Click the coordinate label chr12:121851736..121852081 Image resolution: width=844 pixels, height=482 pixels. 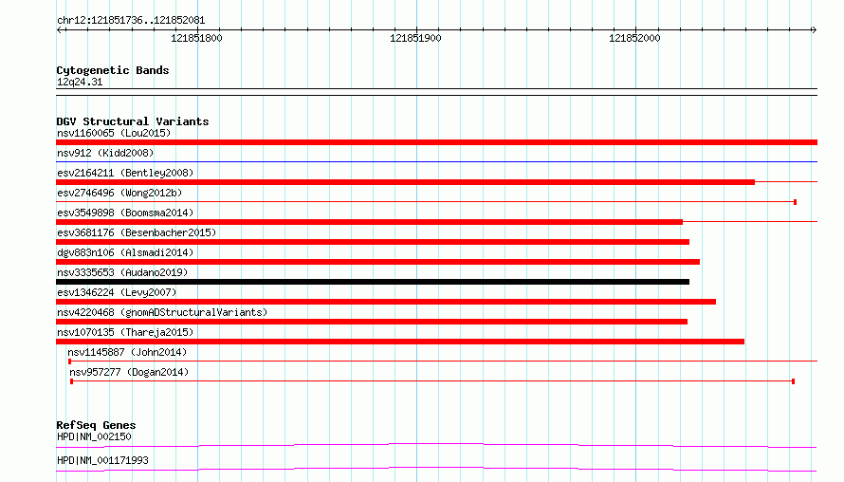[131, 21]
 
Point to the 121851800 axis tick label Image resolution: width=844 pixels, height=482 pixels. [196, 38]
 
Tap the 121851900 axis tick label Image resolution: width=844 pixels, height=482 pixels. [415, 38]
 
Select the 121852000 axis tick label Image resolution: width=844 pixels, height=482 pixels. [634, 38]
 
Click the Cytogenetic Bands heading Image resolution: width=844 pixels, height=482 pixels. [113, 70]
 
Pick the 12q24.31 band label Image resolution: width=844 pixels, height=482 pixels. [80, 82]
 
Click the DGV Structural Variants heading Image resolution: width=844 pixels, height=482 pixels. [133, 121]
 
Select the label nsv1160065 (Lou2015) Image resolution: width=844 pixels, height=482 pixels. [114, 133]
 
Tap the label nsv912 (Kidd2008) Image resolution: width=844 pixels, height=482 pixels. [105, 153]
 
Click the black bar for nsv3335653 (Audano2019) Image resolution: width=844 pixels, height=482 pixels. [373, 282]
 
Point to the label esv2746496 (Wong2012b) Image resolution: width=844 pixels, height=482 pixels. [119, 193]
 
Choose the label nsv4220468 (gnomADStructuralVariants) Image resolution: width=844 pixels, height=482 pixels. [162, 312]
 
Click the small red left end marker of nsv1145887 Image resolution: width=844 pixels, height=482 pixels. [69, 361]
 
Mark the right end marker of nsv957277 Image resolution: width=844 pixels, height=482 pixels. [794, 381]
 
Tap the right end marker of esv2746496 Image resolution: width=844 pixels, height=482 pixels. [795, 202]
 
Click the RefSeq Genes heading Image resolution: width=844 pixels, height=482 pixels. [96, 425]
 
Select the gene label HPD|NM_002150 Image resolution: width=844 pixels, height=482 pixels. [94, 436]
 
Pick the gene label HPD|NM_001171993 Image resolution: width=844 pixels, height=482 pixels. [102, 460]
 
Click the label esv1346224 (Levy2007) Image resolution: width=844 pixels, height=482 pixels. [117, 292]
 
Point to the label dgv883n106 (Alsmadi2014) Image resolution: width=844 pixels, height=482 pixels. [125, 252]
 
